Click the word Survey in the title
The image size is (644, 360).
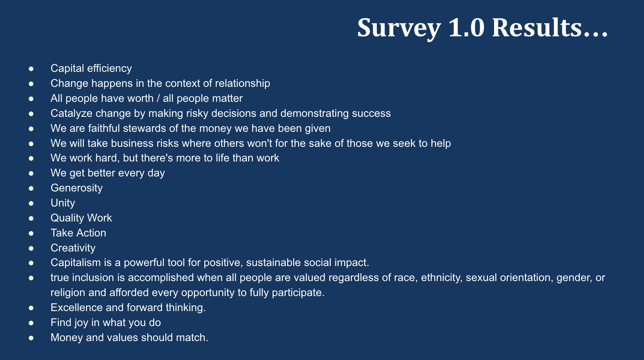click(x=399, y=28)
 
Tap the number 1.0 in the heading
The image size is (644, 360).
click(x=466, y=28)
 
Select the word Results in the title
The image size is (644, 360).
click(x=537, y=28)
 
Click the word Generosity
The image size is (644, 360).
click(x=77, y=188)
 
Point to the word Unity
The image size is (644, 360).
click(x=63, y=203)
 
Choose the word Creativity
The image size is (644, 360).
click(x=73, y=248)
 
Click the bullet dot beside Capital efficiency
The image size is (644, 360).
click(x=31, y=69)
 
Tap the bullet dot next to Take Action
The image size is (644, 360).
click(x=31, y=233)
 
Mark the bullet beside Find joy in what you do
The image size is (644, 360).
click(x=31, y=323)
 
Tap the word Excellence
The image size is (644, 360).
click(x=77, y=307)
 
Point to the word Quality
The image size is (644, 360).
click(x=67, y=218)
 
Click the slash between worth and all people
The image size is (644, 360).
click(x=158, y=98)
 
